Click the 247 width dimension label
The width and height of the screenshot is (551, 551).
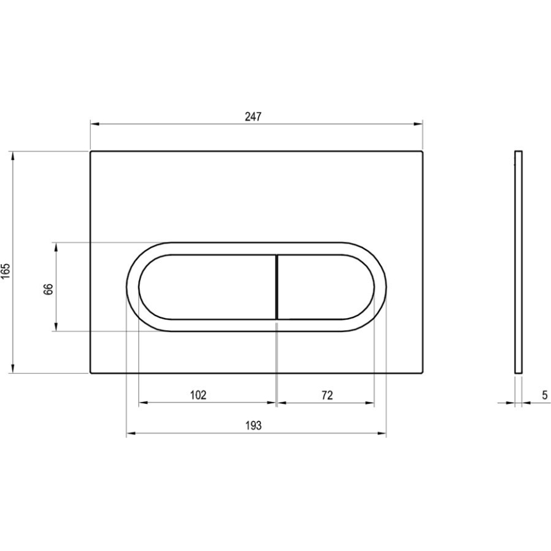(x=253, y=116)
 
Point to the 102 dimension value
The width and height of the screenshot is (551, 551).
(x=198, y=395)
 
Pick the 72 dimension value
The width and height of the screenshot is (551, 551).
(x=326, y=395)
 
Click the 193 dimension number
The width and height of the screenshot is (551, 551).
(x=253, y=426)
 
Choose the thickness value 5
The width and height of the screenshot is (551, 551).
(x=545, y=395)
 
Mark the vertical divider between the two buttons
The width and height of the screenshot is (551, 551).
(x=277, y=287)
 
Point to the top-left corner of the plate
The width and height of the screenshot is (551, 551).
(x=91, y=152)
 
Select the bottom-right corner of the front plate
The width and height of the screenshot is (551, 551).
(x=422, y=373)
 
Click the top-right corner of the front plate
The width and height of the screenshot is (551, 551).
(x=422, y=152)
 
